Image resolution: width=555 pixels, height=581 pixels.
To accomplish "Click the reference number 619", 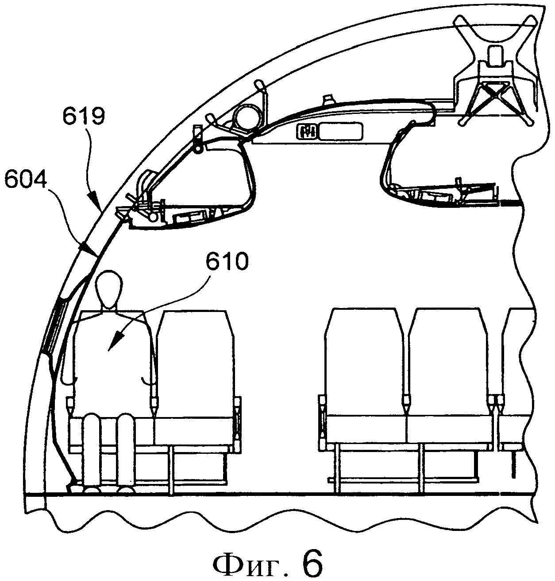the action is pos(84,117).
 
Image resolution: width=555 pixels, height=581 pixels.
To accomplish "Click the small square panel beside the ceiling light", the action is pos(307,132).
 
